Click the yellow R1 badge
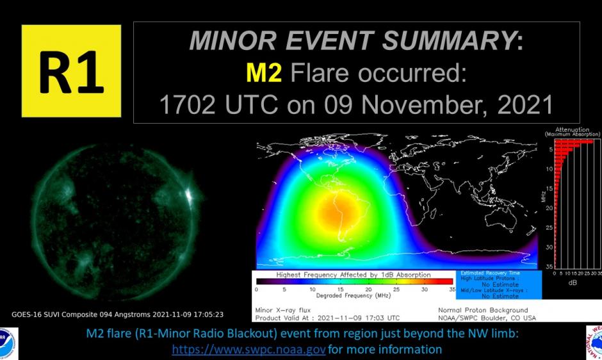(x=71, y=71)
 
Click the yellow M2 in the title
(x=264, y=74)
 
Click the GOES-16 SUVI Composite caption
(x=117, y=315)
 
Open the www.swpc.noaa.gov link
(x=249, y=350)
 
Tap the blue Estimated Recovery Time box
(x=500, y=284)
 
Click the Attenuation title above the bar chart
(x=572, y=131)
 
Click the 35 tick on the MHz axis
(x=549, y=266)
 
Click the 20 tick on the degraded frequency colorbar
(x=368, y=290)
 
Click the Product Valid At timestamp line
(x=327, y=318)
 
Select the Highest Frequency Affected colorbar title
(x=354, y=274)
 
